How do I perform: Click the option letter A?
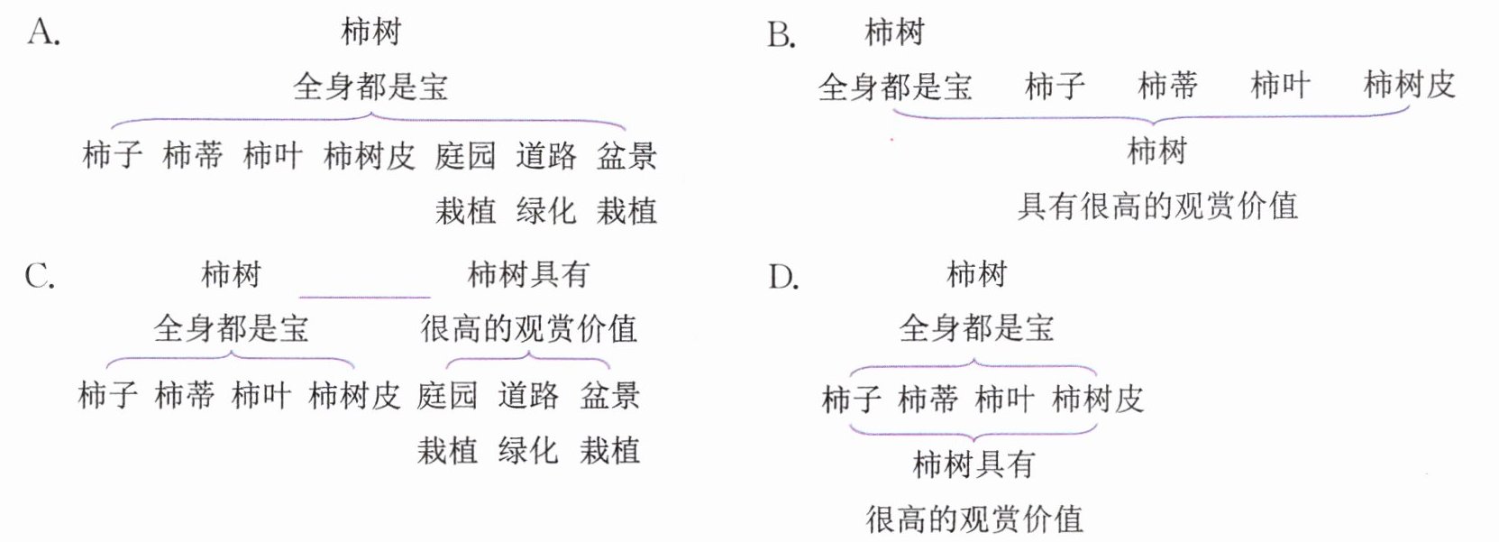pos(42,33)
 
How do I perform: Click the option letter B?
pos(781,35)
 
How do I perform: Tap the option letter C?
pos(40,275)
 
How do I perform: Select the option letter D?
pos(782,277)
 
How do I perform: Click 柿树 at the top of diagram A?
pos(370,32)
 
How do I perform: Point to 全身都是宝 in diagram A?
pos(370,87)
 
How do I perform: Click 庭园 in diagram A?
pos(465,155)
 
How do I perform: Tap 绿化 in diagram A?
pos(545,210)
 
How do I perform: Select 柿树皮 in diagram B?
pos(1409,85)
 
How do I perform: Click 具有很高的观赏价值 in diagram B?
pos(1157,206)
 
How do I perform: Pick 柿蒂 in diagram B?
pos(1167,86)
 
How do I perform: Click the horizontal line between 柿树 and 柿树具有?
pos(364,296)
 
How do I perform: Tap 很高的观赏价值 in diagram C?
pos(528,328)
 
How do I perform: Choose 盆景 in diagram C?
pos(609,395)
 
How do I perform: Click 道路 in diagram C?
pos(528,395)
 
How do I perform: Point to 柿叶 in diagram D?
pos(1004,399)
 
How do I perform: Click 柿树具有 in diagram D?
pos(973,464)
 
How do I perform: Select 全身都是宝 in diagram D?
pos(976,328)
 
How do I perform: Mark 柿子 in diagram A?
pos(113,155)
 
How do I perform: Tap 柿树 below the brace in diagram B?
pos(1156,151)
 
